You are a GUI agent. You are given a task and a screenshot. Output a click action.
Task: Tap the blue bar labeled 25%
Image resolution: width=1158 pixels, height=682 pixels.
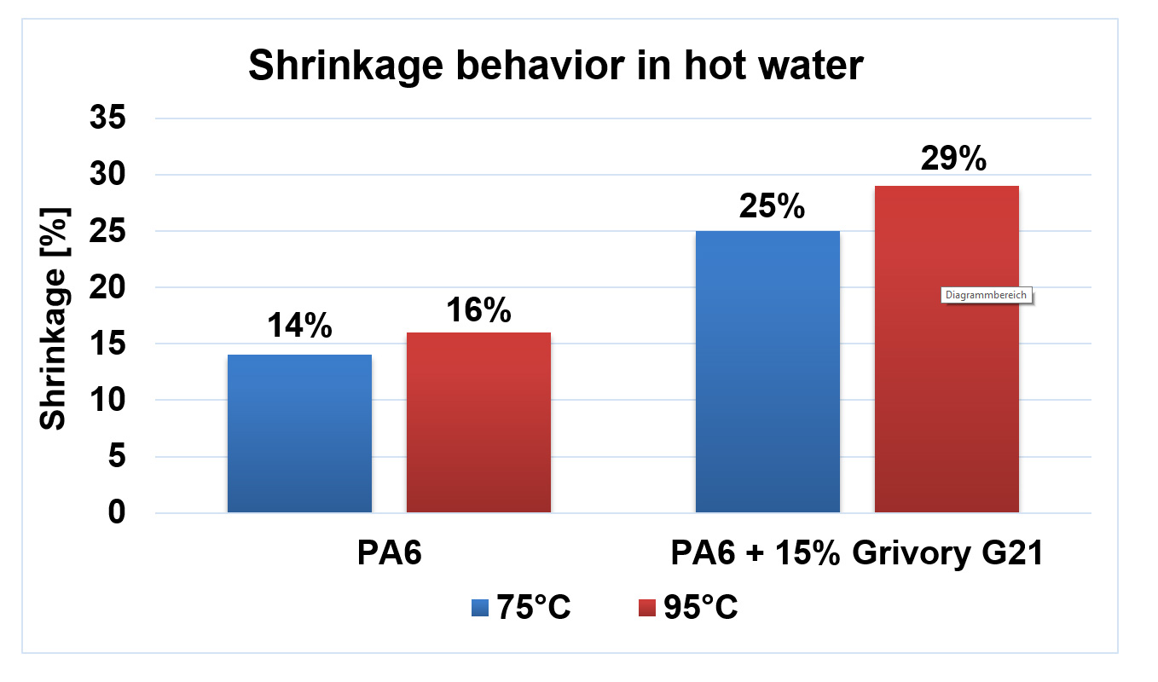tap(767, 372)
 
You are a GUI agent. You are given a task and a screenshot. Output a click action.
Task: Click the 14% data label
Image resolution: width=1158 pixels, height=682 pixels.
tap(299, 327)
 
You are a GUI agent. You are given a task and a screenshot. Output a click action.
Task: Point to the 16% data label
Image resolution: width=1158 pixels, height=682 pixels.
tap(478, 310)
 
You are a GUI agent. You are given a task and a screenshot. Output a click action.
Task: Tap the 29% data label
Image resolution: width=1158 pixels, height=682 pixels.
tap(953, 159)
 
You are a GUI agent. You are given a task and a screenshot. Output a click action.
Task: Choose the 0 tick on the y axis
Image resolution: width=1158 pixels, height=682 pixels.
tap(117, 513)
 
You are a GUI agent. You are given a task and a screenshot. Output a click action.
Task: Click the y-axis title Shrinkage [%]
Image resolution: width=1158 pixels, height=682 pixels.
tap(55, 316)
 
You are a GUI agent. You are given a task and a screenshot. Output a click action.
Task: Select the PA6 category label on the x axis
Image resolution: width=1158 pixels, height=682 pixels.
tap(389, 555)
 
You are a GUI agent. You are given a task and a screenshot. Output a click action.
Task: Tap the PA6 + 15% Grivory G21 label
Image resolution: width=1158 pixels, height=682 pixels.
tap(857, 555)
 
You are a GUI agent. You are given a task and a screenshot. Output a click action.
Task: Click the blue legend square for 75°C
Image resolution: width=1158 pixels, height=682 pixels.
tap(479, 608)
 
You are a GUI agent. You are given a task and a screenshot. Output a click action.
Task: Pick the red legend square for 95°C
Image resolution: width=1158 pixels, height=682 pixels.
tap(647, 608)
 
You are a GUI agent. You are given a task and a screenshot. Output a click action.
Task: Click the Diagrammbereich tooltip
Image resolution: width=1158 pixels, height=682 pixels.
tap(987, 296)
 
